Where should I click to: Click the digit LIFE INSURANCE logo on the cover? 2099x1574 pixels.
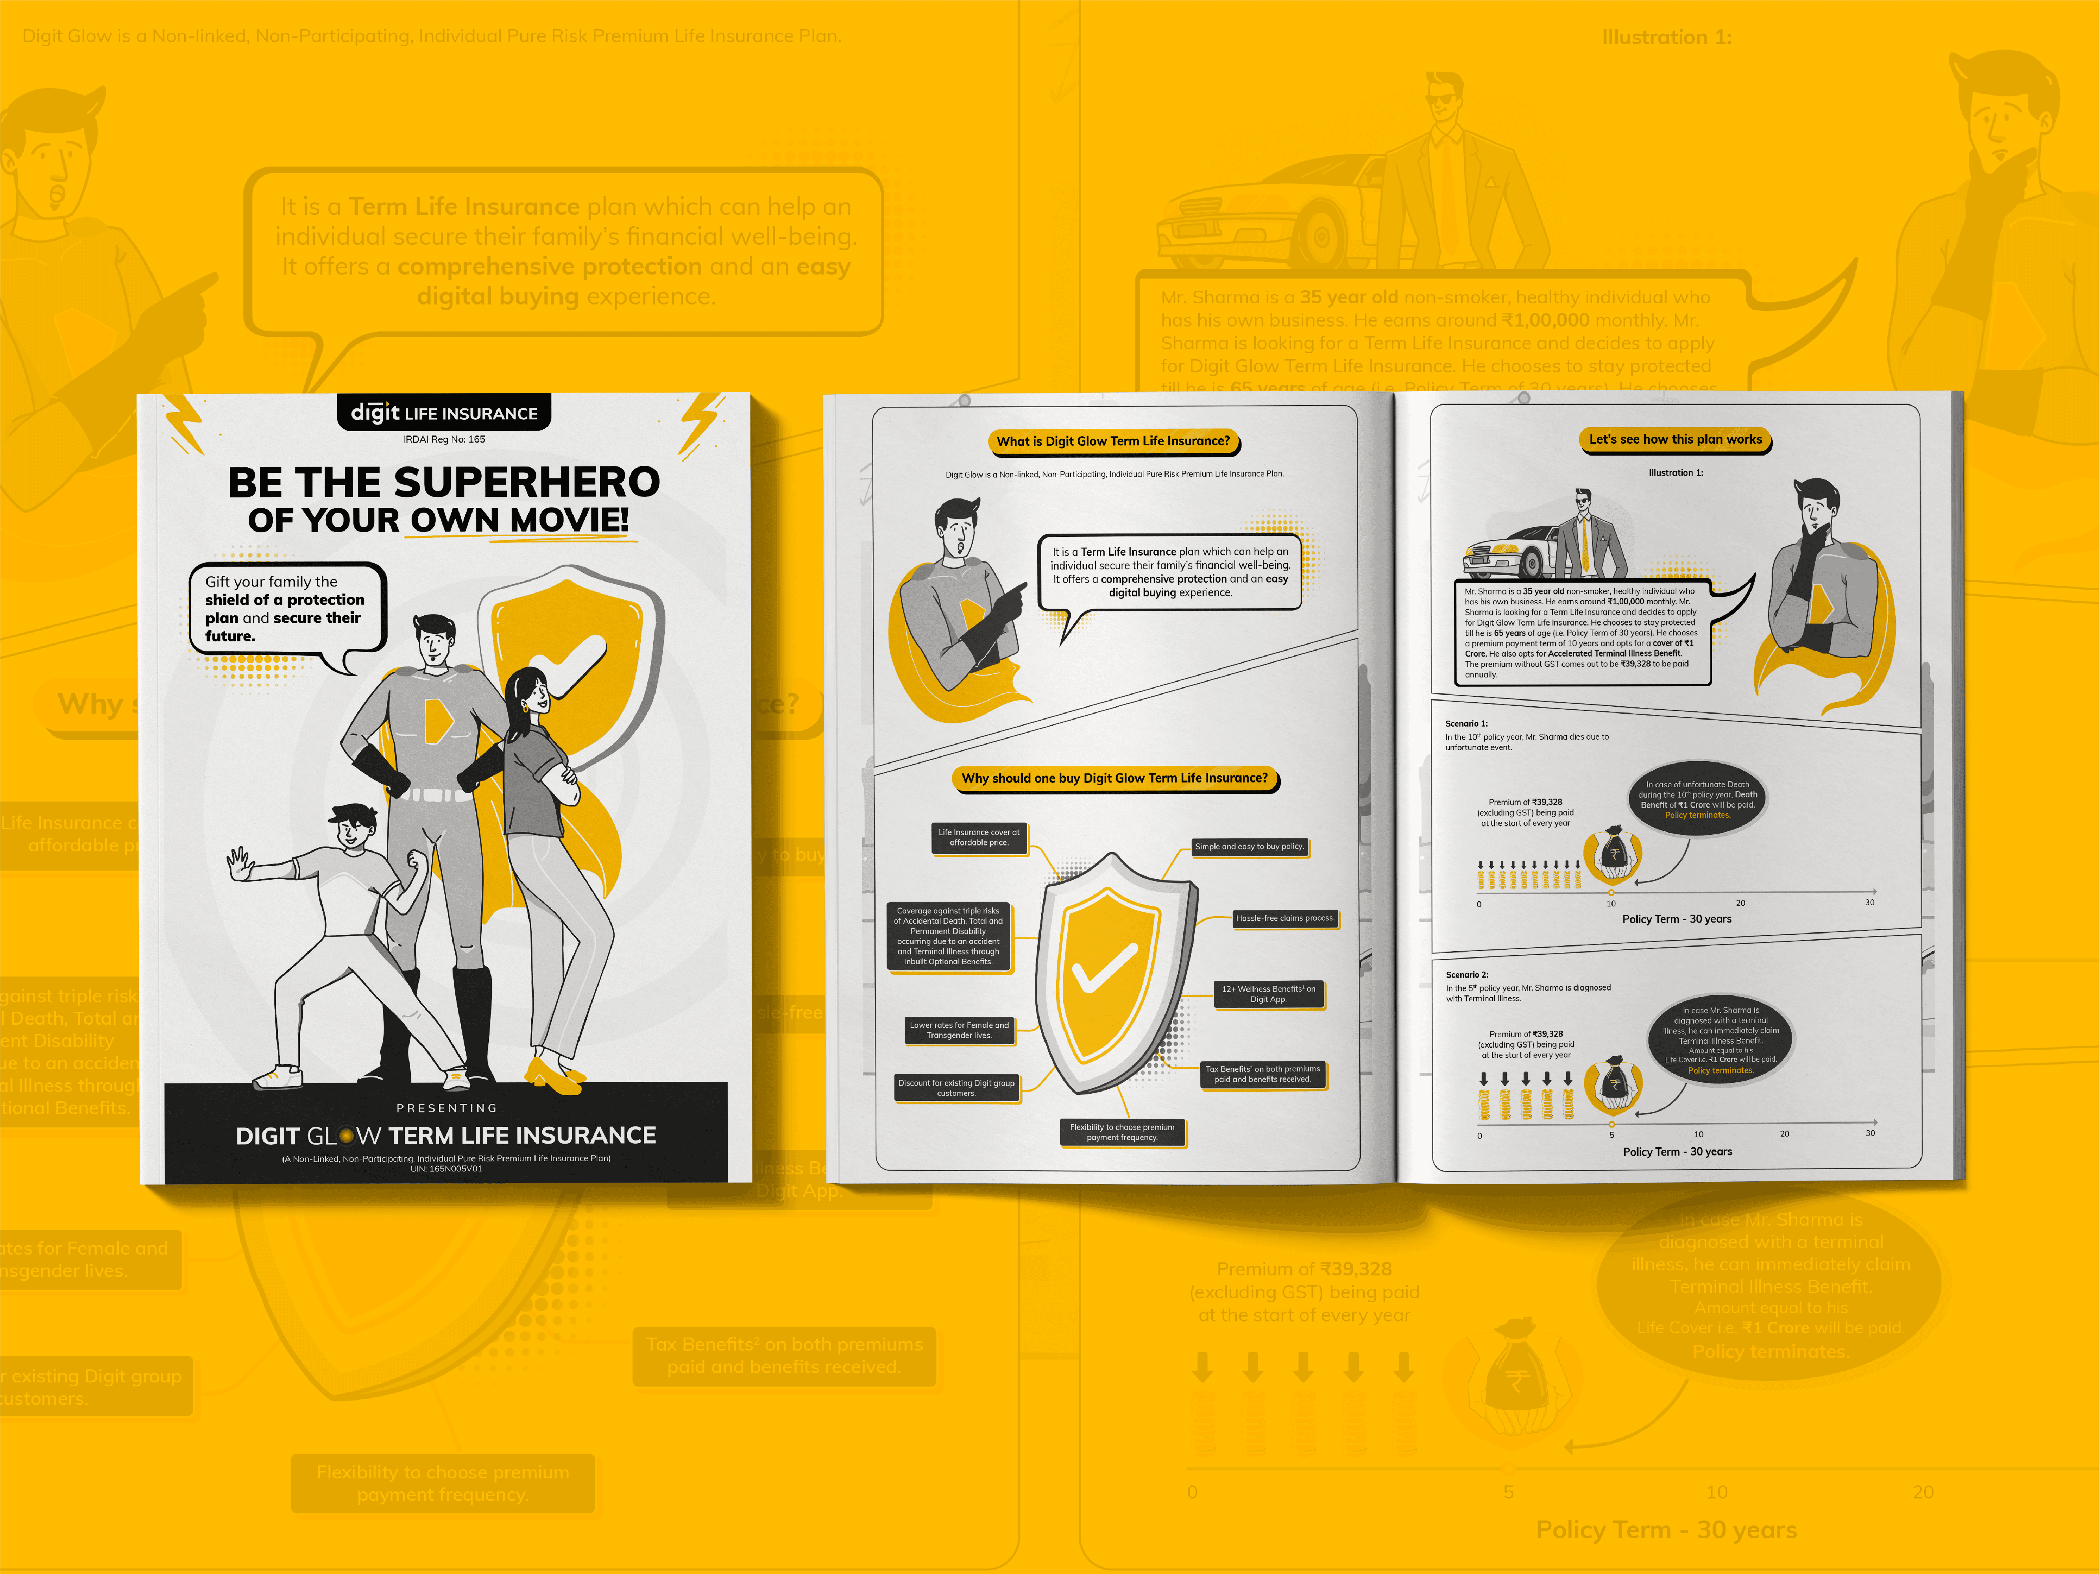pyautogui.click(x=444, y=413)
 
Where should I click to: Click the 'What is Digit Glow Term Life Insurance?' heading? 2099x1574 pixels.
pyautogui.click(x=1113, y=441)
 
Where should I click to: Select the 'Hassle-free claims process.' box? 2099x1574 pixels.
pyautogui.click(x=1285, y=919)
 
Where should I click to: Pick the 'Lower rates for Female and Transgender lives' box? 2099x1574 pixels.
pyautogui.click(x=959, y=1030)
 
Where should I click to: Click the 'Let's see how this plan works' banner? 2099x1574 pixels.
pyautogui.click(x=1675, y=439)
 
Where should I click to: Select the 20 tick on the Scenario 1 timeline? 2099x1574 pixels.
pyautogui.click(x=1740, y=902)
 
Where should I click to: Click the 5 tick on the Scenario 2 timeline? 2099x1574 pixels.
pyautogui.click(x=1611, y=1134)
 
